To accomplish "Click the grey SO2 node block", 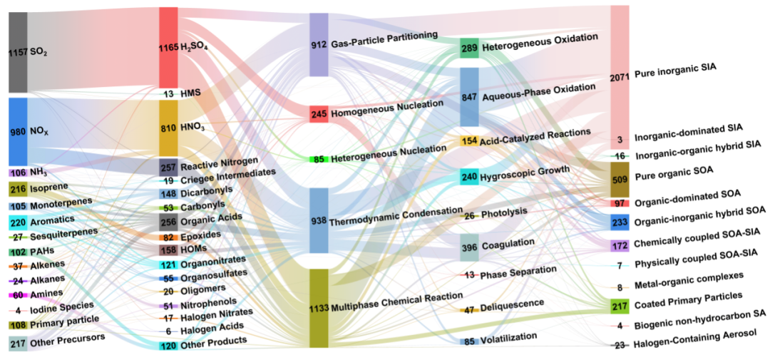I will (18, 52).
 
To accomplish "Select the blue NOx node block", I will (18, 131).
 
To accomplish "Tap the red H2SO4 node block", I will (168, 47).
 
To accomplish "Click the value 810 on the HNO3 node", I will (168, 128).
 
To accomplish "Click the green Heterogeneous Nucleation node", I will (319, 159).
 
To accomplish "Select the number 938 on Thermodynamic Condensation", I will (318, 221).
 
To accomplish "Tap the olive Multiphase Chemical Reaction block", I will (319, 308).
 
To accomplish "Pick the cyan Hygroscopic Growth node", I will (469, 177).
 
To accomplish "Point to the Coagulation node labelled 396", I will (469, 247).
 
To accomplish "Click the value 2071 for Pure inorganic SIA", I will (619, 76).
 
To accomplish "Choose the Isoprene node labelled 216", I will (18, 189).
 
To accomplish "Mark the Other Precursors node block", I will (18, 344).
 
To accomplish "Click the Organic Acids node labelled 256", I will (168, 222).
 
